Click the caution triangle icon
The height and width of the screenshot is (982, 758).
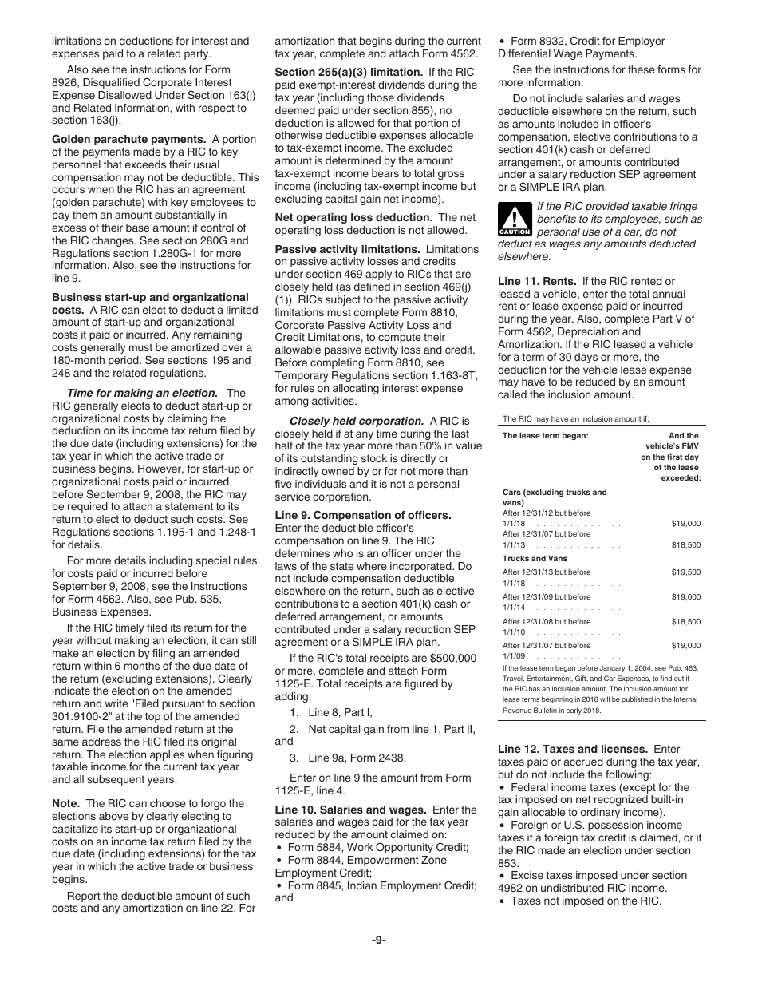pyautogui.click(x=514, y=219)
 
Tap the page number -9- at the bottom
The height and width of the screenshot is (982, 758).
pyautogui.click(x=378, y=940)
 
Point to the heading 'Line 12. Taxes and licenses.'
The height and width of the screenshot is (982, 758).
pyautogui.click(x=573, y=749)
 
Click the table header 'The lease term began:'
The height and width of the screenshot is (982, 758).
pyautogui.click(x=545, y=436)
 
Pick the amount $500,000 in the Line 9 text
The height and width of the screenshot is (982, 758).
pyautogui.click(x=452, y=658)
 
